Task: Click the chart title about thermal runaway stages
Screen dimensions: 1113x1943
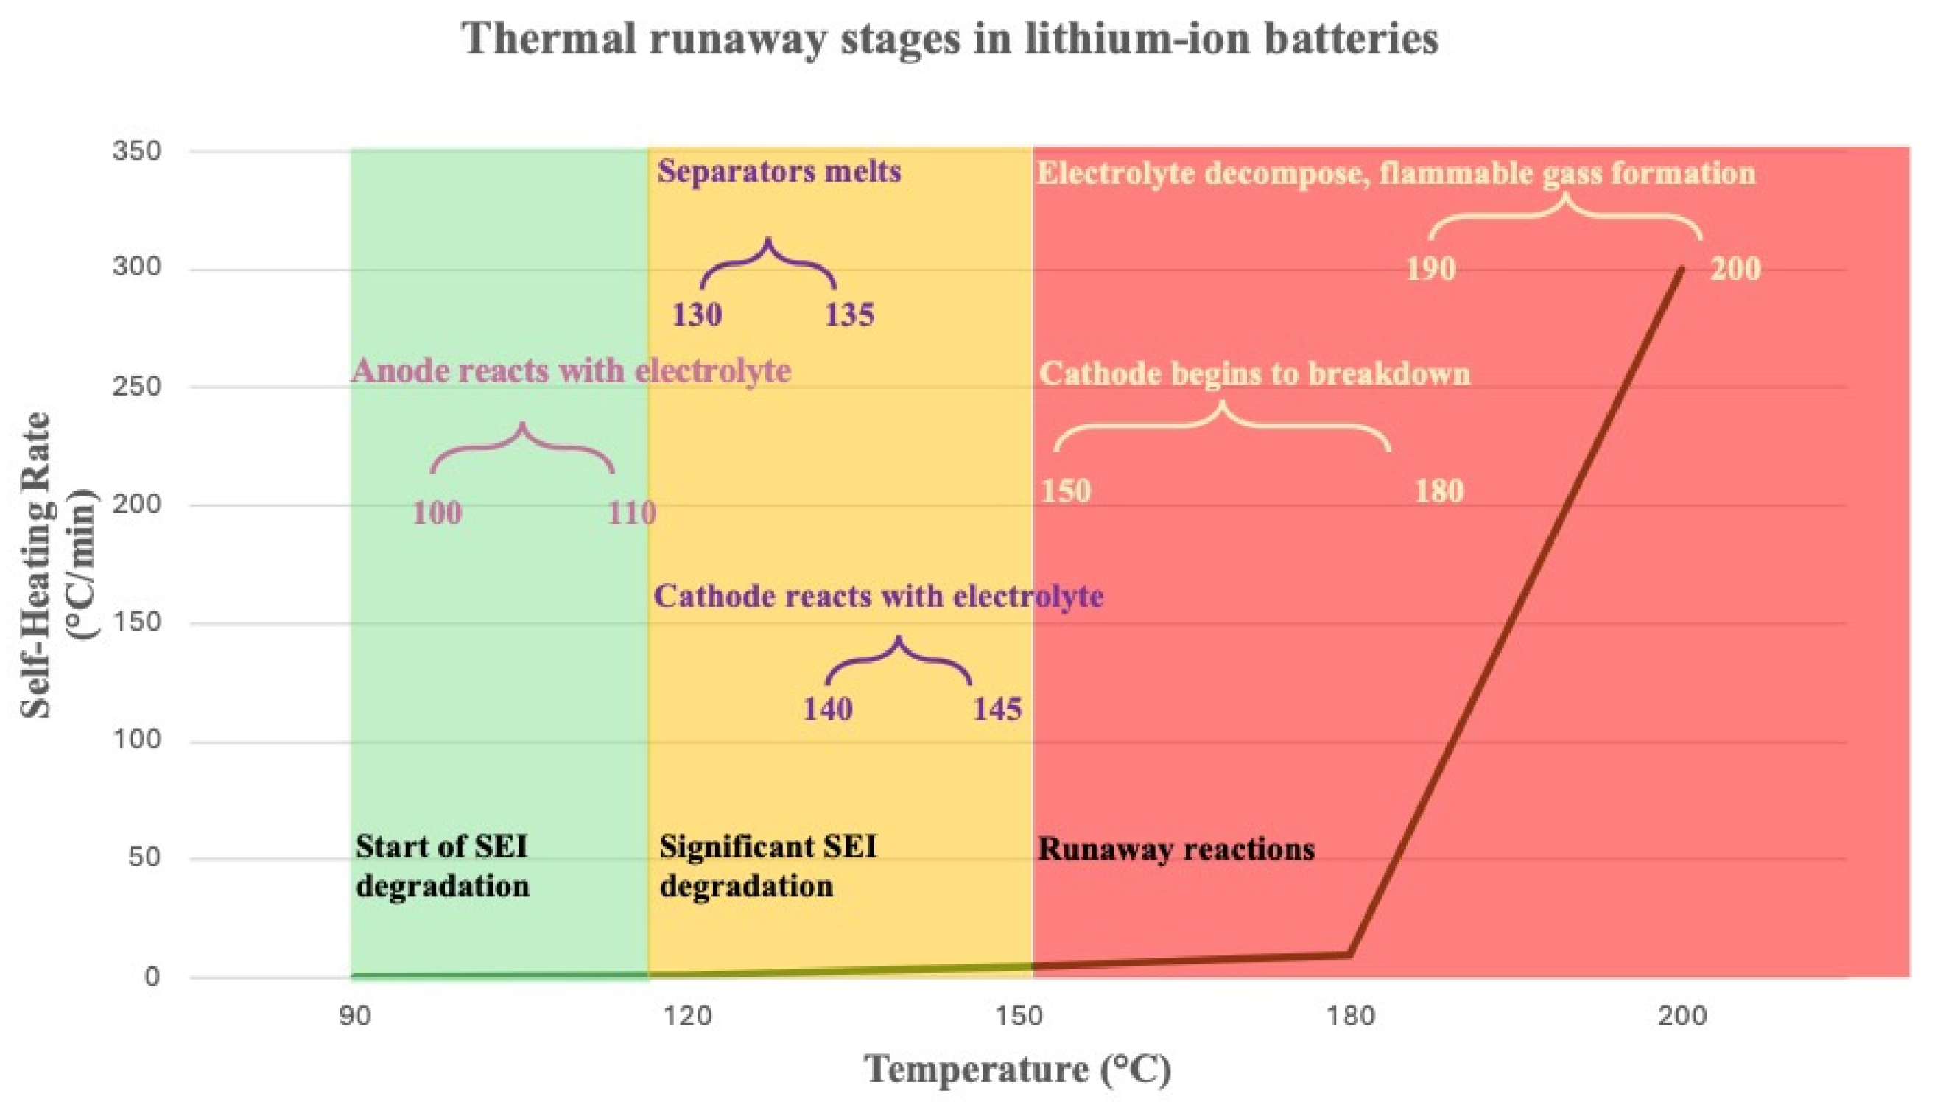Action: (x=950, y=38)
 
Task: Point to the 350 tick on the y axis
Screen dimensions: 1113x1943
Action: (x=137, y=150)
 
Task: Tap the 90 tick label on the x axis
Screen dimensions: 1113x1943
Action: (x=356, y=1016)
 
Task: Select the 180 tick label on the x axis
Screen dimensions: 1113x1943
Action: (x=1351, y=1016)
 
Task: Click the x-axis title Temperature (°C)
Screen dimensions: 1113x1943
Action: (x=1017, y=1069)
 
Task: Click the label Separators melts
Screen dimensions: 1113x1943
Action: (x=779, y=171)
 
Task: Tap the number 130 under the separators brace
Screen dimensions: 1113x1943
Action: (x=696, y=315)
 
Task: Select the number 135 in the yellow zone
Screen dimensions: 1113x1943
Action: (x=849, y=315)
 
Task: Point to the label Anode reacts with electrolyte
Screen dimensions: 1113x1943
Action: (x=571, y=371)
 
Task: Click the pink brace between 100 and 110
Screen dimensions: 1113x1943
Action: (x=523, y=447)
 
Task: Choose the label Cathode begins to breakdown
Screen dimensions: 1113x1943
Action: (x=1254, y=373)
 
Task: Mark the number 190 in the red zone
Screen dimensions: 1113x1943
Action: (x=1431, y=269)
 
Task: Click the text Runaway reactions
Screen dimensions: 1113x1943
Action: (x=1176, y=849)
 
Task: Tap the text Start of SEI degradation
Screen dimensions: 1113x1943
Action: (x=443, y=867)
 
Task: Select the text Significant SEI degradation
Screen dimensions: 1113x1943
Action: (x=767, y=867)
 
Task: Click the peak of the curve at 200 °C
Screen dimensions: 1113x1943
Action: (x=1682, y=269)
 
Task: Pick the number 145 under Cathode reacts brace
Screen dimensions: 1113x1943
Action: (x=997, y=710)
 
